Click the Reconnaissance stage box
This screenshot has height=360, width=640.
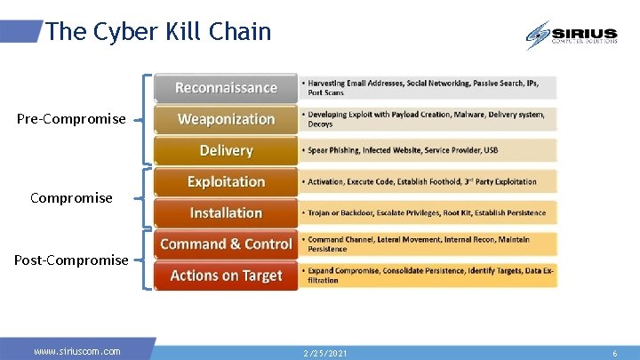point(226,87)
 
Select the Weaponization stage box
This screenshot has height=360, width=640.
point(226,119)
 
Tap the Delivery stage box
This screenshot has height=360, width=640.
point(226,150)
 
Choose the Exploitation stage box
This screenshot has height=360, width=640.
point(226,181)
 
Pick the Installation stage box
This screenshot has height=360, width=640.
point(226,212)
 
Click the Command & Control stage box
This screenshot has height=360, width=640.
point(226,244)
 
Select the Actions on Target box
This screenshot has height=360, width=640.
point(226,276)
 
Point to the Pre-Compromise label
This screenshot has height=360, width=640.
point(71,119)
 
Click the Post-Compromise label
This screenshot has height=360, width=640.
point(71,260)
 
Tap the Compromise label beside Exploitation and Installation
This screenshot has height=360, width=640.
point(71,197)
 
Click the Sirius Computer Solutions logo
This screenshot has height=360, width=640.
point(571,35)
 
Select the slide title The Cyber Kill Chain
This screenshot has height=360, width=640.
point(158,32)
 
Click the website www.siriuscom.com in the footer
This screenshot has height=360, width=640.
point(77,351)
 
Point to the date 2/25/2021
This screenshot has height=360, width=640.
point(324,353)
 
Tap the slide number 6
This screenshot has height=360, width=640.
point(614,353)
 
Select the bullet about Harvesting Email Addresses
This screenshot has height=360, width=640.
point(427,87)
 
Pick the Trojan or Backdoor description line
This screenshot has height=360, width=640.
point(427,213)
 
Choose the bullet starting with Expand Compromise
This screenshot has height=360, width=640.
point(427,275)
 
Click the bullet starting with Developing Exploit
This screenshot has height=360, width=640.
point(427,118)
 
